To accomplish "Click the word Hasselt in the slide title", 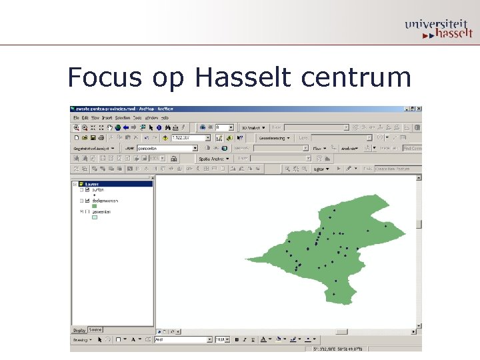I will pyautogui.click(x=243, y=77).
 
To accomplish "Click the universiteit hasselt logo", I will pyautogui.click(x=437, y=29).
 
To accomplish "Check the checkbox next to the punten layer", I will pyautogui.click(x=87, y=189).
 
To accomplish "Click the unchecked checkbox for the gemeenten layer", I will pyautogui.click(x=87, y=211).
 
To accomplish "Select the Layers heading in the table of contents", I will pyautogui.click(x=92, y=184).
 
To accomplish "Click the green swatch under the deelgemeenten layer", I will pyautogui.click(x=94, y=206).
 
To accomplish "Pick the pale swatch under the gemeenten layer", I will pyautogui.click(x=94, y=217).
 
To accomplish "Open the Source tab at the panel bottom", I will pyautogui.click(x=95, y=329).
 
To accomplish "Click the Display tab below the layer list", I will pyautogui.click(x=79, y=330).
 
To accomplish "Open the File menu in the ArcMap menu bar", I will pyautogui.click(x=77, y=117).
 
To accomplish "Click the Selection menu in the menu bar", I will pyautogui.click(x=123, y=117).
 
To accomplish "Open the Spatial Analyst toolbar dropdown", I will pyautogui.click(x=213, y=159).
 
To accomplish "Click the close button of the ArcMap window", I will pyautogui.click(x=418, y=109).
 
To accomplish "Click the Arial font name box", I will pyautogui.click(x=182, y=339).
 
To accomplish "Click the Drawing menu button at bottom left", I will pyautogui.click(x=82, y=339).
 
